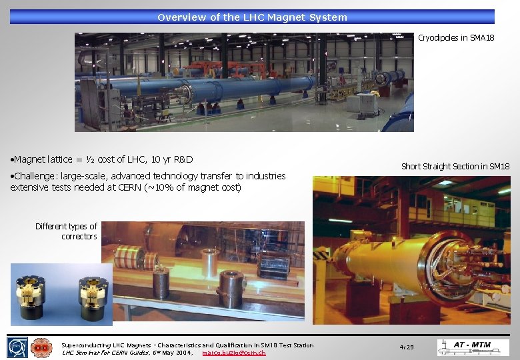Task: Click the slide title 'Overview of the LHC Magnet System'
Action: [x=252, y=17]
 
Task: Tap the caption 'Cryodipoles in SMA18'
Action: [x=456, y=38]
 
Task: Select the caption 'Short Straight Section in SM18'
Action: [x=455, y=166]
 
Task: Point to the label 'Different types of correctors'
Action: [x=66, y=231]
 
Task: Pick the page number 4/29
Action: [x=406, y=347]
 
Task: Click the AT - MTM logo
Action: [x=473, y=347]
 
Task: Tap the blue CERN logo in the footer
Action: [x=18, y=347]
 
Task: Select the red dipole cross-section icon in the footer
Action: [x=41, y=347]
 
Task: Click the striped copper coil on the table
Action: [x=129, y=257]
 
